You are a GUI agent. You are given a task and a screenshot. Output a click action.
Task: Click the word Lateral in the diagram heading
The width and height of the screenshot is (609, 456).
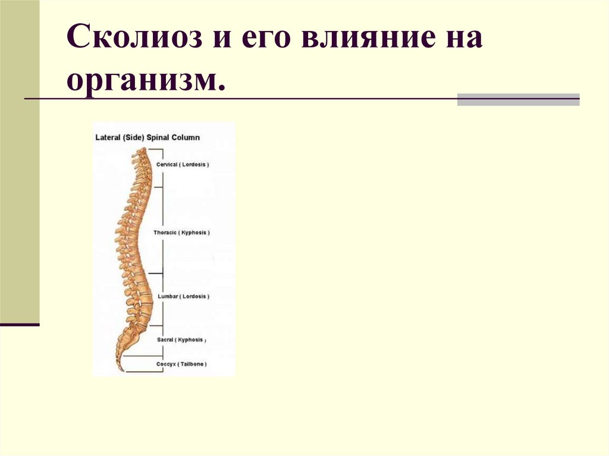tap(107, 137)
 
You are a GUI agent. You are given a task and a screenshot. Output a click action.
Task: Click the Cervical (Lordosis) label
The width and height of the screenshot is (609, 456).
tap(182, 164)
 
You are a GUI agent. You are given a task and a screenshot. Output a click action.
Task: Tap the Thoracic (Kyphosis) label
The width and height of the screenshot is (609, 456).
tap(181, 232)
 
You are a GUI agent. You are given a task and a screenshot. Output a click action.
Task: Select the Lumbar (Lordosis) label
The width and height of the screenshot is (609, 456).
tap(183, 296)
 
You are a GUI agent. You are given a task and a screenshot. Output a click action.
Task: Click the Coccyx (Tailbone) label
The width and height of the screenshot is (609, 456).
tap(181, 363)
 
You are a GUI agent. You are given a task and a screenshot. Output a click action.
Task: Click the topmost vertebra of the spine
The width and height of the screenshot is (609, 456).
tap(139, 153)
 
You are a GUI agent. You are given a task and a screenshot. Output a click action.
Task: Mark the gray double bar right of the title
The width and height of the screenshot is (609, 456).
tap(518, 99)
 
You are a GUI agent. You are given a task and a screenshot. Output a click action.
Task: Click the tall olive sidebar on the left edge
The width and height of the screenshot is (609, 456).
tap(20, 161)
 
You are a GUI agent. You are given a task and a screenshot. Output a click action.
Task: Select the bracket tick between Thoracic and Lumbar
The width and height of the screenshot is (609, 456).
tap(156, 273)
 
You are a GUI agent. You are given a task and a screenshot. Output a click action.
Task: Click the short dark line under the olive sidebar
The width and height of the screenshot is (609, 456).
tap(20, 325)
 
